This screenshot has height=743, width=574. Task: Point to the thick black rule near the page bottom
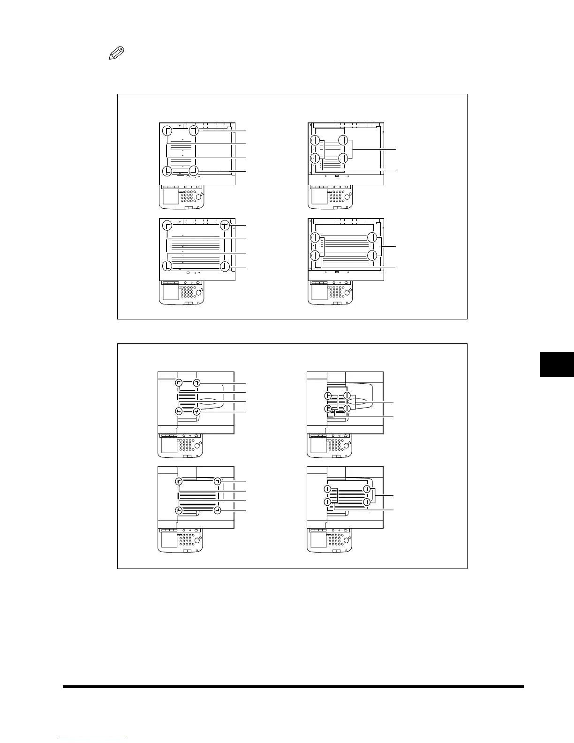tap(293, 687)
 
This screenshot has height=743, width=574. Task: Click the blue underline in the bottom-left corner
tap(93, 739)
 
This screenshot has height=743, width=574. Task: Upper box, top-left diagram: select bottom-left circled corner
tap(166, 171)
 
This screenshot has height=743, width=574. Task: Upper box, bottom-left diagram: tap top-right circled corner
tap(226, 225)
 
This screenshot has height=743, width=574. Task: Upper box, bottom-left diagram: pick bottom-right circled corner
tap(225, 266)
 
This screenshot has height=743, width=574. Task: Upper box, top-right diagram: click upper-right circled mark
tap(343, 140)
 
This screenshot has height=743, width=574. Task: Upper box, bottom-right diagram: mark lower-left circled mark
tap(315, 256)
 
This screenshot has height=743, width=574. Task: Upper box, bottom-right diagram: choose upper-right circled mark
tap(372, 237)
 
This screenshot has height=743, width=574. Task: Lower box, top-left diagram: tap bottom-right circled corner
tap(197, 411)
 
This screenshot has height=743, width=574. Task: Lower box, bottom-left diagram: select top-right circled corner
tap(217, 481)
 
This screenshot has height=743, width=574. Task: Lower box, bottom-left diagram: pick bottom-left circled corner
tap(178, 510)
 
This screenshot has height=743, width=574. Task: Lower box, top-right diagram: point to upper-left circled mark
tap(329, 396)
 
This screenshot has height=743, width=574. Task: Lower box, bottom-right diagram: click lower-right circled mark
tap(367, 502)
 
